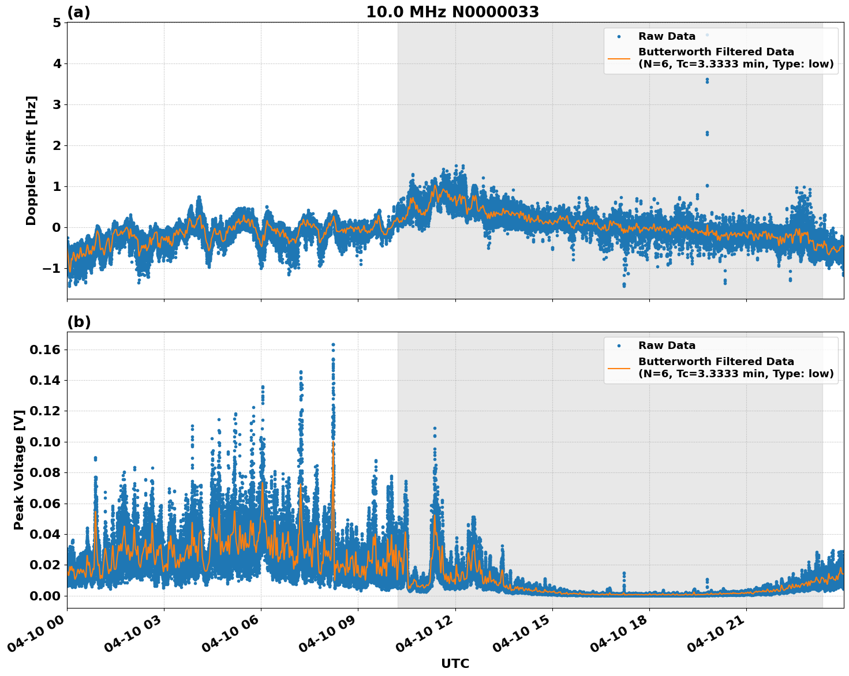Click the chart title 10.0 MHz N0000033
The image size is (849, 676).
click(452, 12)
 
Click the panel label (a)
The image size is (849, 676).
click(79, 12)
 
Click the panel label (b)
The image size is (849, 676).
click(79, 322)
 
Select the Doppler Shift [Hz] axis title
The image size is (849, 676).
click(31, 160)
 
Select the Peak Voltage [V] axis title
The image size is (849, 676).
click(19, 470)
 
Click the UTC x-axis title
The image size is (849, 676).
click(455, 663)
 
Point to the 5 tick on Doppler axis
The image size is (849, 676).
click(57, 22)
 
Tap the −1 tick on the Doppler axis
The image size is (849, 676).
click(52, 269)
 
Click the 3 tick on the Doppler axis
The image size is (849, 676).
click(57, 105)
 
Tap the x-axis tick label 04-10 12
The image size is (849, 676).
click(424, 638)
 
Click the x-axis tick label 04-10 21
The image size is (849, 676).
click(715, 638)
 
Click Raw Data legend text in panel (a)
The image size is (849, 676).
click(667, 36)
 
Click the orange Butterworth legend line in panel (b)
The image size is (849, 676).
click(619, 367)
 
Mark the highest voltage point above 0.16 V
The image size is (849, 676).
click(333, 345)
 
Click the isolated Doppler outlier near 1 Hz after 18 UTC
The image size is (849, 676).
click(707, 186)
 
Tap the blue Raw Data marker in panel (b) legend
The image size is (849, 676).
click(619, 345)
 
